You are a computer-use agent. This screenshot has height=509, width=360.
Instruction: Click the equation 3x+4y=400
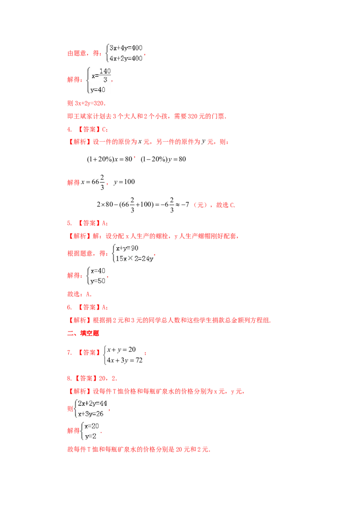point(126,48)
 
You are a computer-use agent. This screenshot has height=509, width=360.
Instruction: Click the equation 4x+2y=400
point(126,58)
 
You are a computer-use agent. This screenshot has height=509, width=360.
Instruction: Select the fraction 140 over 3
point(105,75)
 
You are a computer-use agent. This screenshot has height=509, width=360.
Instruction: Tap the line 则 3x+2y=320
point(86,103)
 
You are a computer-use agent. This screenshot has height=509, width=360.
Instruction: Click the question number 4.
point(69,129)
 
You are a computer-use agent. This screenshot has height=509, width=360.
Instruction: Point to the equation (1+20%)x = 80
point(109,159)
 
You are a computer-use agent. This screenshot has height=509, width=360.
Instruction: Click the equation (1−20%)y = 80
point(163,159)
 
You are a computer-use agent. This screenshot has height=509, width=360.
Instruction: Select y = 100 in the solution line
point(124,182)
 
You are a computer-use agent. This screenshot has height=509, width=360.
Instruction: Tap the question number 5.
point(69,223)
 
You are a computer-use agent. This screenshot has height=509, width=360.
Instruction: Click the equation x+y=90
point(127,248)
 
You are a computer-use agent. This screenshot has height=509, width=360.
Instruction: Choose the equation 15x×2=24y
point(135,259)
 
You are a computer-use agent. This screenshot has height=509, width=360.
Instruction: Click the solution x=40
point(98,271)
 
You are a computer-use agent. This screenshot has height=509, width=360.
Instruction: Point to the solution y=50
point(98,281)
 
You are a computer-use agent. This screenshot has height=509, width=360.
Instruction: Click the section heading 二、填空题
point(83,333)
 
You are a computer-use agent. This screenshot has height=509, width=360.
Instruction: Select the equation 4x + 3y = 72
point(125,360)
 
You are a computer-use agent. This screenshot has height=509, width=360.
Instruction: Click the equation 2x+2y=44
point(92,403)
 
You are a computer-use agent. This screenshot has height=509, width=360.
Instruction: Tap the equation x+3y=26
point(90,414)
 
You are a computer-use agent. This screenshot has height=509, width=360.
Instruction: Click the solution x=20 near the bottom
point(92,426)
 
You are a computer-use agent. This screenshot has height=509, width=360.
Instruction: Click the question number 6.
point(69,307)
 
